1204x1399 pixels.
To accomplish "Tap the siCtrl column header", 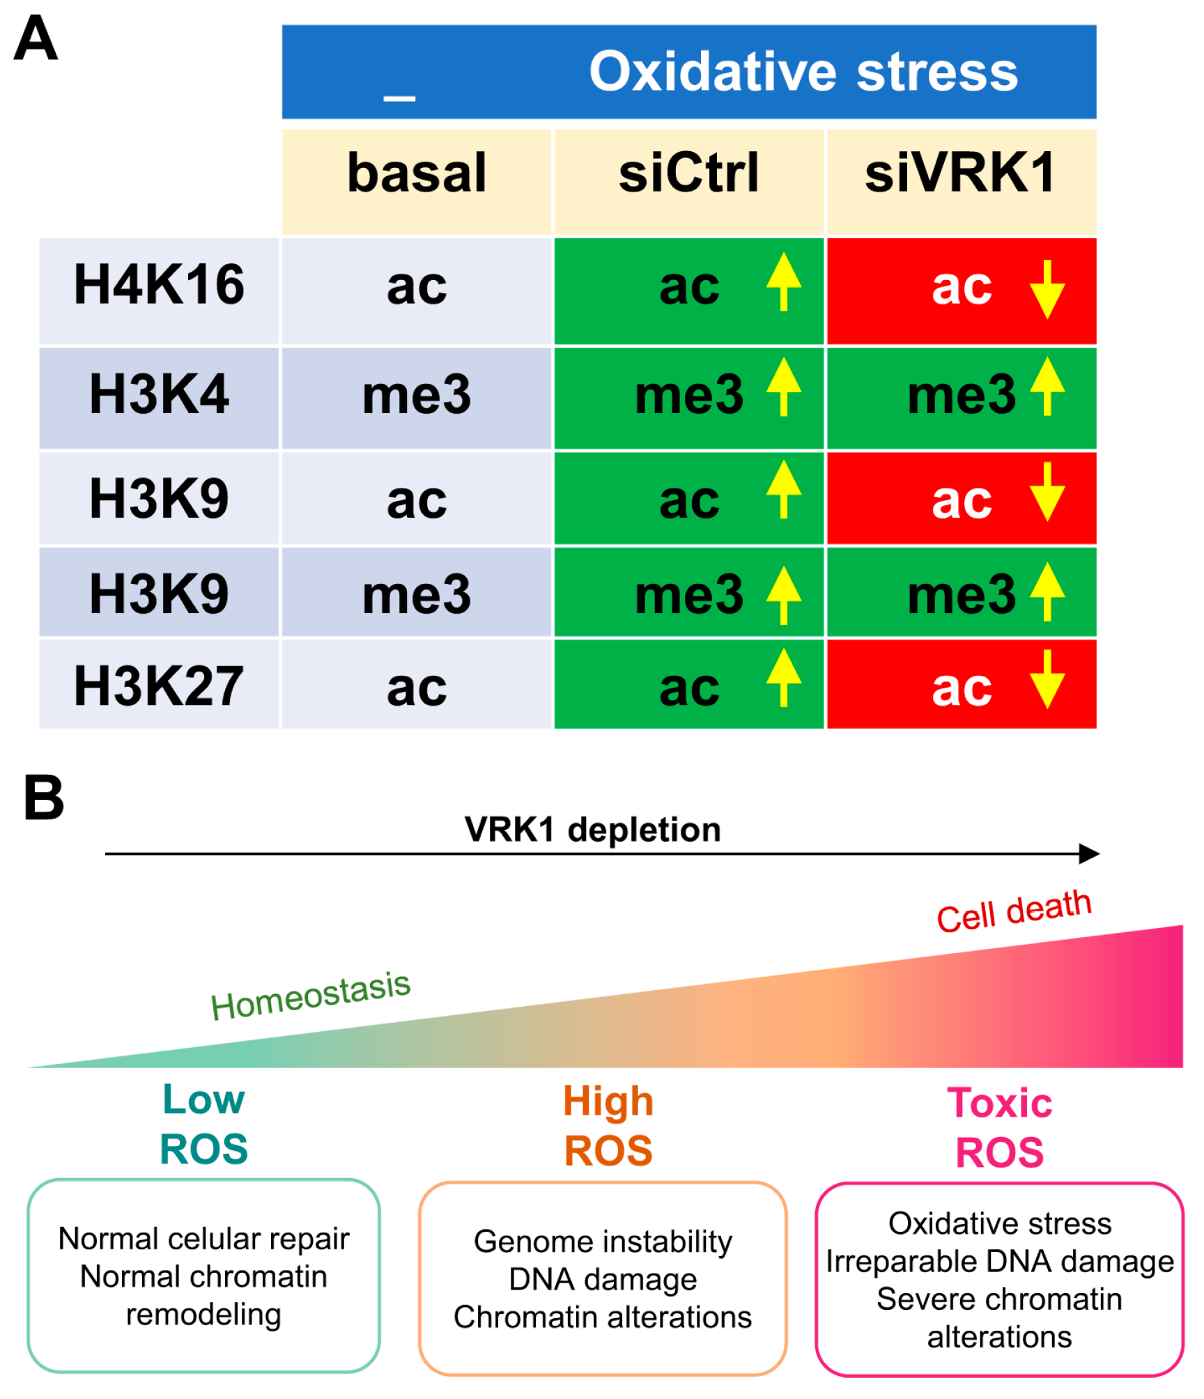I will tap(688, 173).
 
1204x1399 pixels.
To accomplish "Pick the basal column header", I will tap(417, 173).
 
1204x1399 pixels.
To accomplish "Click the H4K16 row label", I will tap(159, 285).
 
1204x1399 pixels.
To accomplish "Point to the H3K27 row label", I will tap(159, 686).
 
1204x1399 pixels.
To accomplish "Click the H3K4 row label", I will tap(159, 394).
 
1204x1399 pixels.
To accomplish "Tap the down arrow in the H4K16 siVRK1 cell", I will tap(1047, 289).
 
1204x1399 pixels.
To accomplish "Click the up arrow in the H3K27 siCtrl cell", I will tap(784, 677).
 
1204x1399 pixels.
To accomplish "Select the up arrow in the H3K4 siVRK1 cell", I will tap(1047, 387).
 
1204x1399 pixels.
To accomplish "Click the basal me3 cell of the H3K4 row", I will tap(417, 395).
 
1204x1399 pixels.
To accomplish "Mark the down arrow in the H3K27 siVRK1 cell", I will tap(1047, 679).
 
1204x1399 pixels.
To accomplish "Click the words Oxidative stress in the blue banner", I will tap(803, 72).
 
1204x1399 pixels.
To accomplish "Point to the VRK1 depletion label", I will tap(592, 830).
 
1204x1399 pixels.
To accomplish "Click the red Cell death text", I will tap(1014, 911).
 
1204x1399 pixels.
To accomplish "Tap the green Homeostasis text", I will tap(311, 996).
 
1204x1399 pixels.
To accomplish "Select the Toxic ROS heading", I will tap(999, 1127).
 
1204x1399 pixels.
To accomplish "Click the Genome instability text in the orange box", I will tap(603, 1242).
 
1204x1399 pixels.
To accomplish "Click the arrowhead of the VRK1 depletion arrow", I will tap(1089, 854).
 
